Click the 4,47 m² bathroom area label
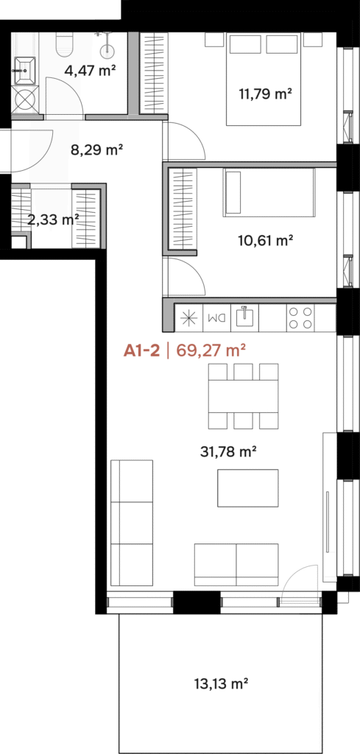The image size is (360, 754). coord(90,71)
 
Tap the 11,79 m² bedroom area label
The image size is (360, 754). coord(266,94)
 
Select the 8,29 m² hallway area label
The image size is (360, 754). coord(96,150)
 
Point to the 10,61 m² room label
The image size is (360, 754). coord(266,240)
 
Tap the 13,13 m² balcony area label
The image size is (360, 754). coord(220,683)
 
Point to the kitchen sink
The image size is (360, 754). coord(244,318)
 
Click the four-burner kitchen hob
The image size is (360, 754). coord(300,318)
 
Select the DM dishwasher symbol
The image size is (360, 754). coord(216,318)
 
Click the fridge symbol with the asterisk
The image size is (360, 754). coord(188,318)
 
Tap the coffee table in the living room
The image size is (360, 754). coord(248,487)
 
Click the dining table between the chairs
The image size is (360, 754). coord(243,396)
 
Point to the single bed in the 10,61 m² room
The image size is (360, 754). coord(269,192)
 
